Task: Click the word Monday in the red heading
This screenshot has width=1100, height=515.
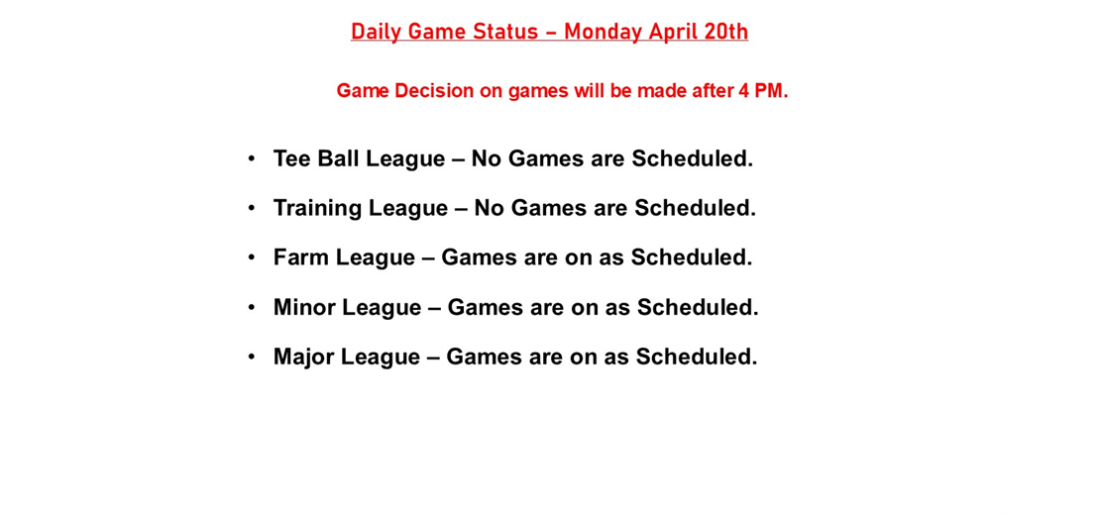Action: [604, 32]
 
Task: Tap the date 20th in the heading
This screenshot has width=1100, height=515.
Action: [725, 32]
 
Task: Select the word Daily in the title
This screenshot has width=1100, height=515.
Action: [375, 32]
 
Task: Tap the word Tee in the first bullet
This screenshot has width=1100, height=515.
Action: [291, 158]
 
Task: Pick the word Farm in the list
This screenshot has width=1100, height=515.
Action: [301, 257]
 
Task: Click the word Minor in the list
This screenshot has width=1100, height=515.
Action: [304, 307]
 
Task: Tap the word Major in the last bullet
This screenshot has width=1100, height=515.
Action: [303, 357]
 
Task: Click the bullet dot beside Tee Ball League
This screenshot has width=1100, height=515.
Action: [252, 158]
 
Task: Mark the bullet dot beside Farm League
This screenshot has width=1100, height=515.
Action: [252, 257]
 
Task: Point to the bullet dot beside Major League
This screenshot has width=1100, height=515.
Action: [252, 357]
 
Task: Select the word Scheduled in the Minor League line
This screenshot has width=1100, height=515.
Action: [697, 307]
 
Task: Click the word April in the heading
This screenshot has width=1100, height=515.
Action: [673, 32]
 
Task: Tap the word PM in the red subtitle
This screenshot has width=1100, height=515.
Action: [771, 91]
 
